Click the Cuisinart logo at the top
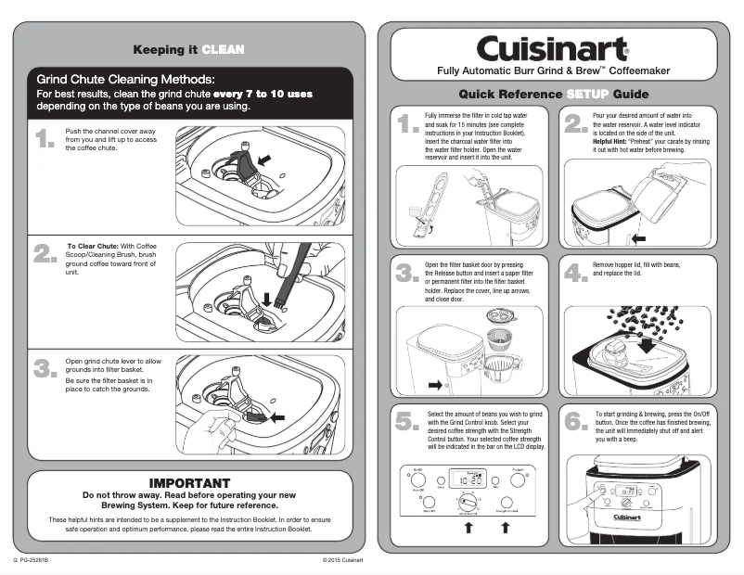[x=553, y=47]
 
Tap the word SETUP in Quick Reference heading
[x=586, y=94]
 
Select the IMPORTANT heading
[x=189, y=483]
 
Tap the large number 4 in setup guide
[x=575, y=273]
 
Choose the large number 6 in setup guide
[x=575, y=421]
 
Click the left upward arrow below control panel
[x=468, y=528]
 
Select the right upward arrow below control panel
[x=506, y=528]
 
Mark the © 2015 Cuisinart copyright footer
[x=342, y=561]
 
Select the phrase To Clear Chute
[x=90, y=246]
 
